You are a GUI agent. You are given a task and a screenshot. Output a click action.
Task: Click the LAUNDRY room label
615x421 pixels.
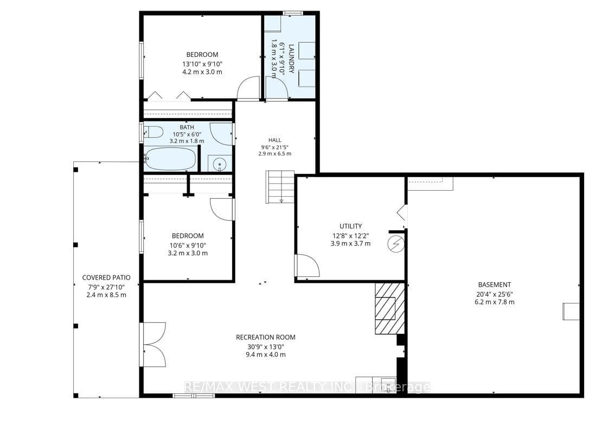point(291,59)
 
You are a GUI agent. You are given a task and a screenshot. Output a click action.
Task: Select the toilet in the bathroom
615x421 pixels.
point(153,132)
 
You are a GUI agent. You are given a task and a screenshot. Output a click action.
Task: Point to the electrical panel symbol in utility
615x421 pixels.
point(395,244)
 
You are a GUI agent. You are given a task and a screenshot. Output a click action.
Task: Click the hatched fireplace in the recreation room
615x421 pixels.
point(389,308)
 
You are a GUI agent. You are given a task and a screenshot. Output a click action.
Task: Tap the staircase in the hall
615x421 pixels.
point(280,186)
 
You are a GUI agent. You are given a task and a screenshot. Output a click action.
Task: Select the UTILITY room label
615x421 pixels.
point(351,226)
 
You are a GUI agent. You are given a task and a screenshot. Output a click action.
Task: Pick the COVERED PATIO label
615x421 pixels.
point(106,277)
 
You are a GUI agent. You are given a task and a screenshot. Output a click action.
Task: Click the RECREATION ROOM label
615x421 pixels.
point(266,337)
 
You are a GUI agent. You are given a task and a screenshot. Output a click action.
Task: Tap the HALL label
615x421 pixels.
point(274,140)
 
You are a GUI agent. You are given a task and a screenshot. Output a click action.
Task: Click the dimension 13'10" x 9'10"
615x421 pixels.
point(202,63)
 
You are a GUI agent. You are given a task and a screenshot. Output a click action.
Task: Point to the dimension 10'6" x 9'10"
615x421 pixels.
point(188,245)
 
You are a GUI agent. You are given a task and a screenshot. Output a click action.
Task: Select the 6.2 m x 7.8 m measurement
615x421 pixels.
point(495,302)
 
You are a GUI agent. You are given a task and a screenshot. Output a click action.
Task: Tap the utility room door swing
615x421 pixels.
point(307,265)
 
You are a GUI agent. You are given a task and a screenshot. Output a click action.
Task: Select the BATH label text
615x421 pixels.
point(187,127)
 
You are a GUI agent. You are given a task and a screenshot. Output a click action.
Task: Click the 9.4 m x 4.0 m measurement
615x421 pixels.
point(266,355)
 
